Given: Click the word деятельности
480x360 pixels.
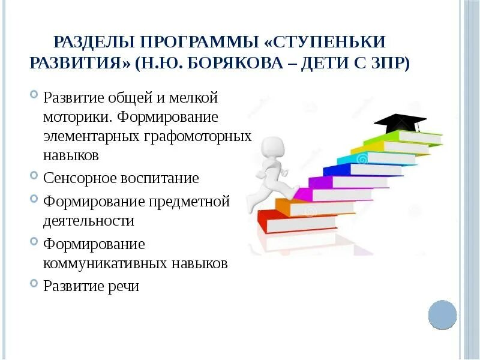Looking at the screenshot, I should (x=88, y=220).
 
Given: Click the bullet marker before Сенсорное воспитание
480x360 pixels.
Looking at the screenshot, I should (x=34, y=178).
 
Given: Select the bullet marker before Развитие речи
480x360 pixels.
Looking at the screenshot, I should (x=34, y=285).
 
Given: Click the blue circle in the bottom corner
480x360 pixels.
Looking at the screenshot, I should (x=442, y=314).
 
